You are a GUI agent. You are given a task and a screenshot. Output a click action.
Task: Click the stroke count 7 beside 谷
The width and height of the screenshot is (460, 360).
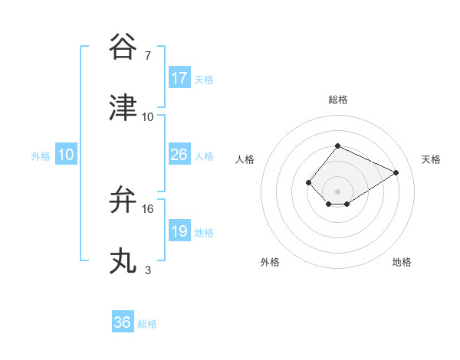tap(148, 56)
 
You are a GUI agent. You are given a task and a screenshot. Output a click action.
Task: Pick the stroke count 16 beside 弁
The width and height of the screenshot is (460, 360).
tap(148, 208)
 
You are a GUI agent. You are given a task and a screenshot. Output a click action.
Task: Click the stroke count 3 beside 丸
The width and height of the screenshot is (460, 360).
tap(148, 270)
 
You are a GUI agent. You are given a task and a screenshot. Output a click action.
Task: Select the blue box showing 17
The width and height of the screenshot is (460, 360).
tap(179, 78)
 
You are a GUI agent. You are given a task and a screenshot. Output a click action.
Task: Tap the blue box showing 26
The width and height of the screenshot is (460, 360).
tap(179, 155)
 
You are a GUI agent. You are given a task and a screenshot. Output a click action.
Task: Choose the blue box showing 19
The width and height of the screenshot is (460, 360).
tap(179, 231)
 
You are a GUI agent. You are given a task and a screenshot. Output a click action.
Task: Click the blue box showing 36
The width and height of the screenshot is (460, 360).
tap(123, 322)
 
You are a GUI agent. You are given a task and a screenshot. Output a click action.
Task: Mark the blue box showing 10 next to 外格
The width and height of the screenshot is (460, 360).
tap(66, 155)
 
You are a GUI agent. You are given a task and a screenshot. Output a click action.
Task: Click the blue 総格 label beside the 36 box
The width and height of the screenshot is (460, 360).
tap(147, 324)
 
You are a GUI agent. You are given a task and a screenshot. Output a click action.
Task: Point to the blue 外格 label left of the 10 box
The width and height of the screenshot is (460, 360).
tap(41, 156)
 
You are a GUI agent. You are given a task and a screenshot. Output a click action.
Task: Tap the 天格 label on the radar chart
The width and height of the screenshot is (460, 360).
tap(431, 159)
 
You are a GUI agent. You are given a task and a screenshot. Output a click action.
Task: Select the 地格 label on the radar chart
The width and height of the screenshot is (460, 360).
tap(402, 262)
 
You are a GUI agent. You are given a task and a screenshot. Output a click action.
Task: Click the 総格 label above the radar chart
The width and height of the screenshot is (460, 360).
tap(338, 100)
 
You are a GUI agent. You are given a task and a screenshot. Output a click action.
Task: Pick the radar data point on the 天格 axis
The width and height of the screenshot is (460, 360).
tap(396, 172)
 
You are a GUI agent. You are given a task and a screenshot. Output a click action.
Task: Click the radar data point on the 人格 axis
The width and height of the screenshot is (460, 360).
tap(308, 182)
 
